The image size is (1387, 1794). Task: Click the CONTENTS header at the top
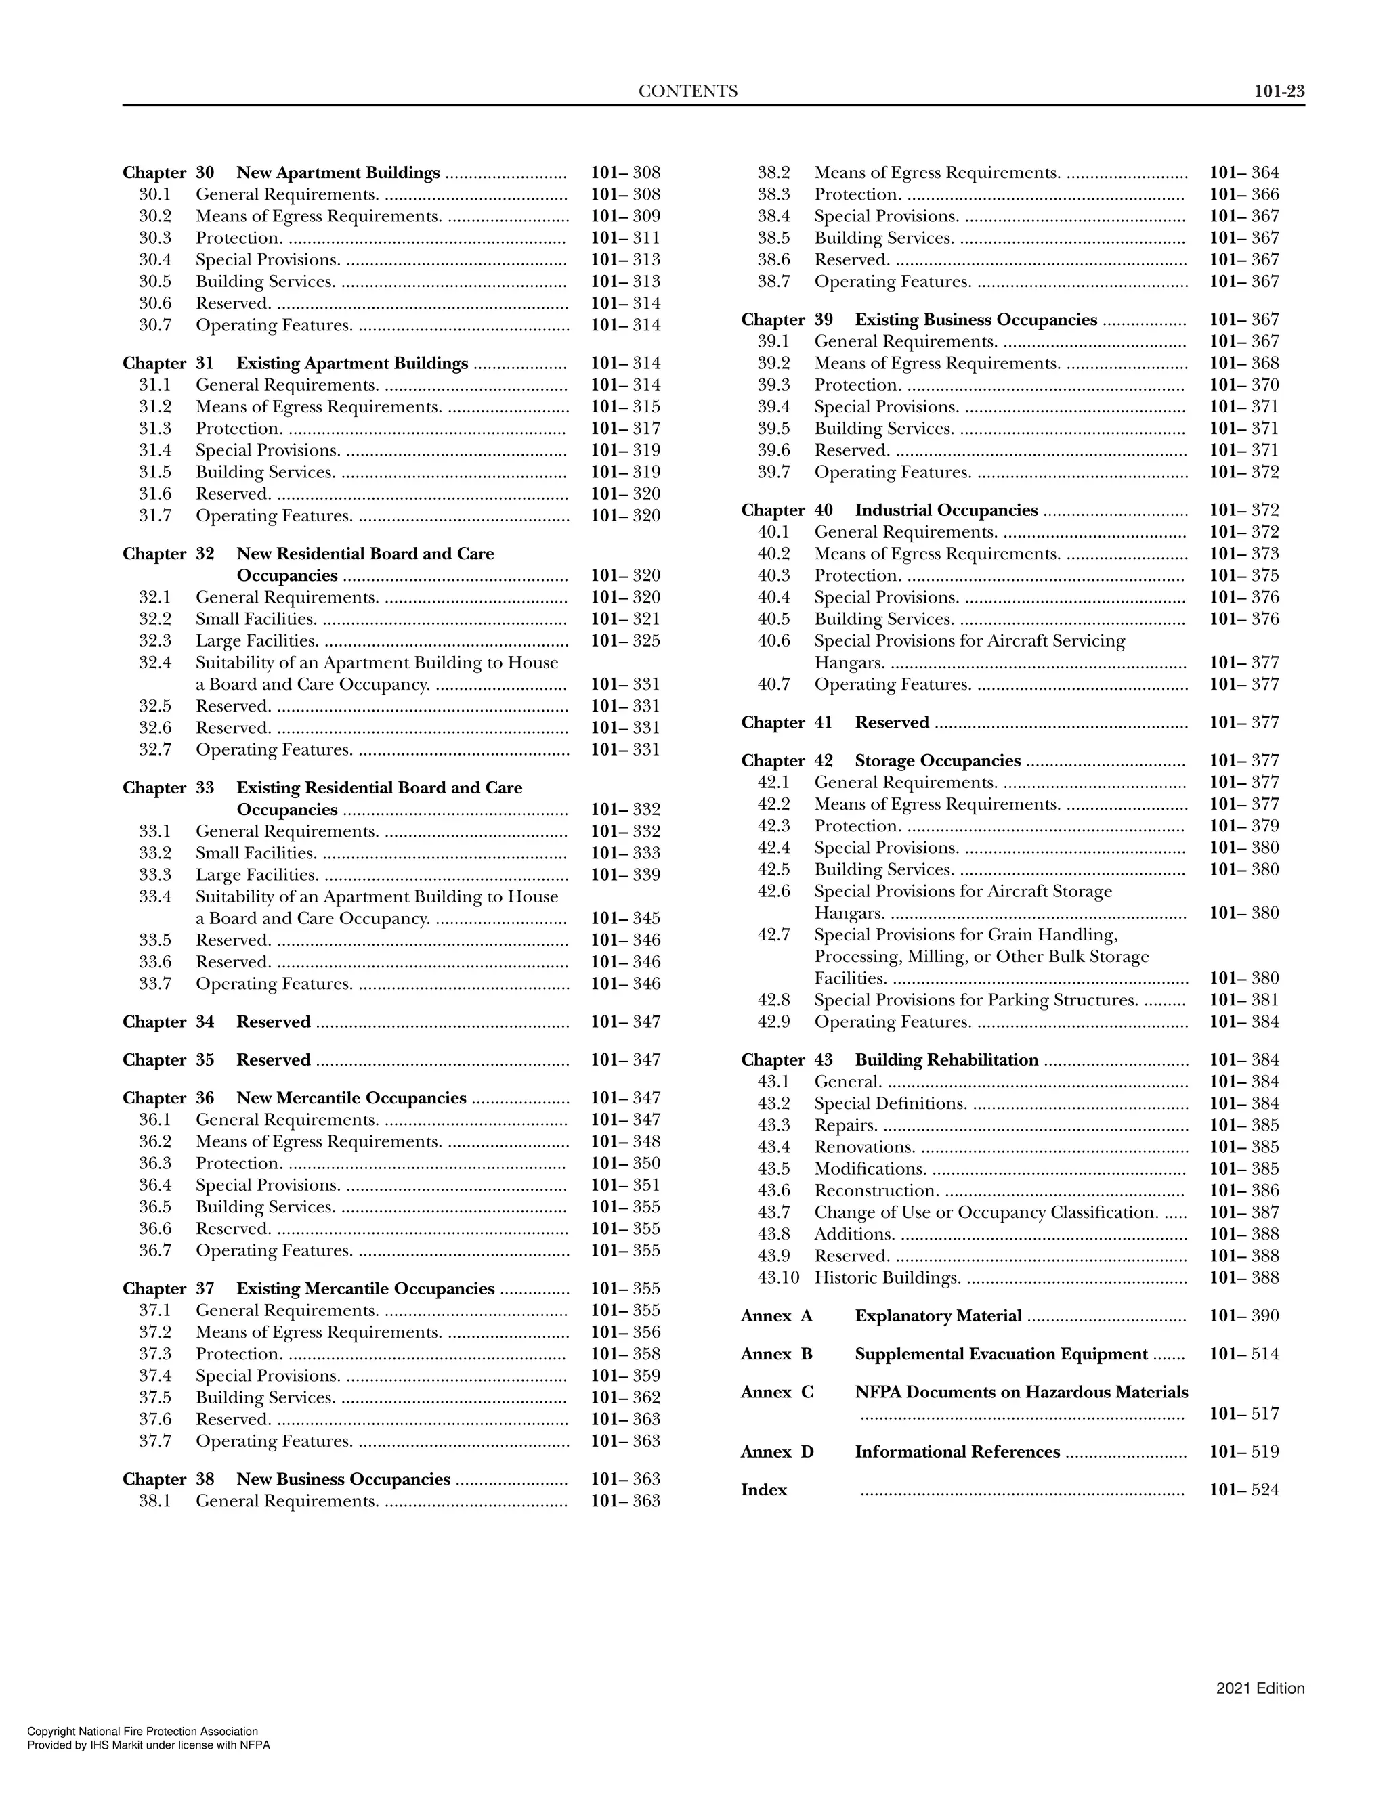coord(688,92)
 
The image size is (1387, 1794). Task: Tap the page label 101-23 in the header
coord(1279,92)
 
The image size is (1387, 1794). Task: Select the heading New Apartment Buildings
coord(338,173)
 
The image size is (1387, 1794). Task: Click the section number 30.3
coord(154,238)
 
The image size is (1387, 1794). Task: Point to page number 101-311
coord(624,238)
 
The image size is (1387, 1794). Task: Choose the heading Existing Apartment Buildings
coord(351,363)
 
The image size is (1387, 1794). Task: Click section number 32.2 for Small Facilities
coord(154,619)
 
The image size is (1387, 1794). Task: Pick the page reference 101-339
coord(624,875)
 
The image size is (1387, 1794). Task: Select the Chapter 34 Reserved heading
coord(273,1022)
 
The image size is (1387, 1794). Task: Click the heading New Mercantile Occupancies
coord(351,1098)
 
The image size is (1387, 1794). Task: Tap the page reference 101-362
coord(624,1397)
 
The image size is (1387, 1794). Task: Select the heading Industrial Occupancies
coord(945,510)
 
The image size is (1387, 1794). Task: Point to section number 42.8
coord(773,1001)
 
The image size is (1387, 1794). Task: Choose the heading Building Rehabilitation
coord(945,1060)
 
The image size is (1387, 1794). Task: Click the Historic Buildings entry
coord(887,1278)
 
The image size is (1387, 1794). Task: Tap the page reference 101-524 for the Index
coord(1243,1490)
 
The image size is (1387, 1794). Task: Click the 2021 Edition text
coord(1260,1689)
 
